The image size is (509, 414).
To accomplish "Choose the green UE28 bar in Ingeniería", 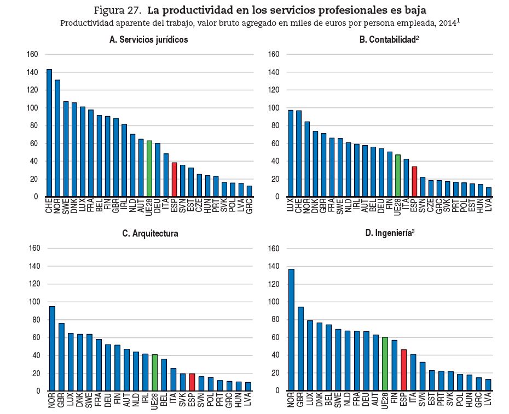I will (x=385, y=364).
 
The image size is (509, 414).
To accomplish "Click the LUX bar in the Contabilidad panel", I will (x=291, y=153).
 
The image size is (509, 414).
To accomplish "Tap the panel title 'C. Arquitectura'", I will (x=150, y=234).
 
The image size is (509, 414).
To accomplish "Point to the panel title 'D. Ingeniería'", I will (x=389, y=234).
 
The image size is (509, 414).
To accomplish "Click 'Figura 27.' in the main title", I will (x=118, y=10).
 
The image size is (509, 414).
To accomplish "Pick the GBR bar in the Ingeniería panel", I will (x=300, y=349).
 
